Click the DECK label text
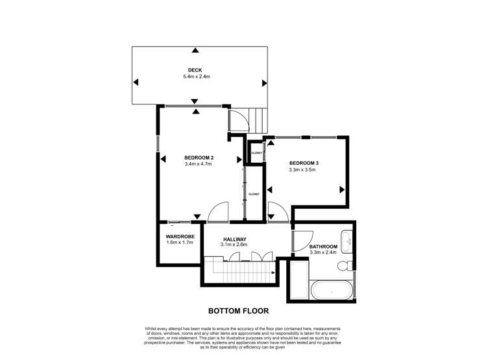(x=195, y=70)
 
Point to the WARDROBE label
(x=180, y=236)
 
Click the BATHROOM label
(x=322, y=246)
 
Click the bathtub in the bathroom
(x=332, y=291)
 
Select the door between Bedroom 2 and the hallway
(x=218, y=212)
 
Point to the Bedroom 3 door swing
(x=276, y=212)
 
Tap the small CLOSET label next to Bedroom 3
(x=256, y=153)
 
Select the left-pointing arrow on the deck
(x=136, y=82)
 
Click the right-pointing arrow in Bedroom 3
(x=342, y=189)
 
